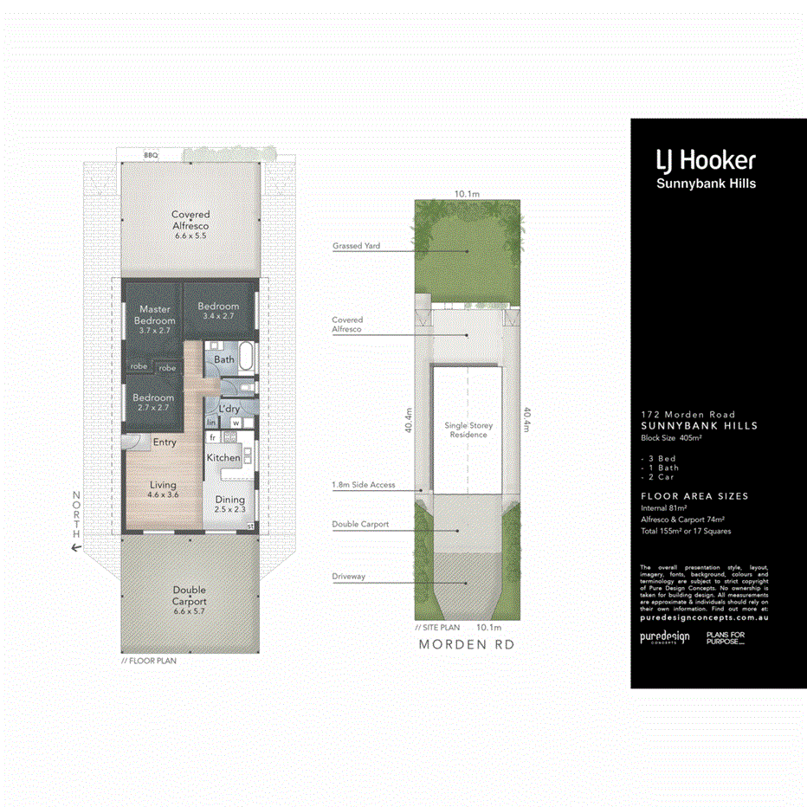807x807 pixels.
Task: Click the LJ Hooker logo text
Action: tap(706, 160)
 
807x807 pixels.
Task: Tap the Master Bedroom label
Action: tap(155, 315)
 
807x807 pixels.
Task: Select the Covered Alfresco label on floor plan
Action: tap(190, 224)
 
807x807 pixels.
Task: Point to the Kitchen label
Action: tap(223, 457)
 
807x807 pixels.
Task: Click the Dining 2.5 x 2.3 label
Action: tap(229, 504)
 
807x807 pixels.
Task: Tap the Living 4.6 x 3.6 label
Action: tap(162, 489)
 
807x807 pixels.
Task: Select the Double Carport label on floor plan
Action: tap(189, 595)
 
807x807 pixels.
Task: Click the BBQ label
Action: tap(151, 155)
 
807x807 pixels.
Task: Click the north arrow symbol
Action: tap(76, 547)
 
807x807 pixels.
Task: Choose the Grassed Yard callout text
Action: tap(356, 246)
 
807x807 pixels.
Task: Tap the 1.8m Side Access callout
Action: tap(363, 485)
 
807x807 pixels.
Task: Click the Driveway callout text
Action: tap(350, 576)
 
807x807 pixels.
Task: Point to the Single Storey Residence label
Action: tap(468, 430)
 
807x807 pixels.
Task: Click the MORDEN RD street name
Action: tap(468, 644)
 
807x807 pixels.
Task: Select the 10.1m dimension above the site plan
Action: tap(468, 195)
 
